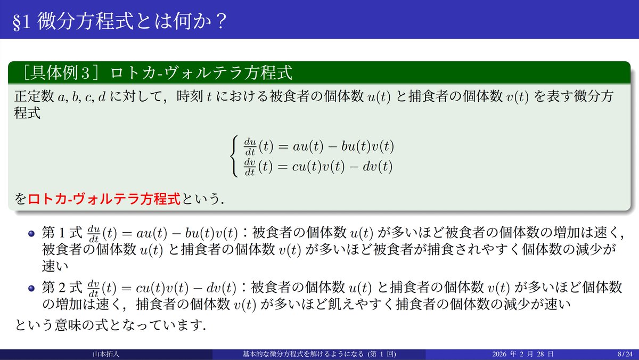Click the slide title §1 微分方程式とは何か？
tap(120, 21)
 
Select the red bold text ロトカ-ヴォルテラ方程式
tap(104, 200)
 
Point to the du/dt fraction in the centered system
tap(250, 145)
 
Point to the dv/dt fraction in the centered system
tap(250, 167)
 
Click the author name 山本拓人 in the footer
tap(105, 354)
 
